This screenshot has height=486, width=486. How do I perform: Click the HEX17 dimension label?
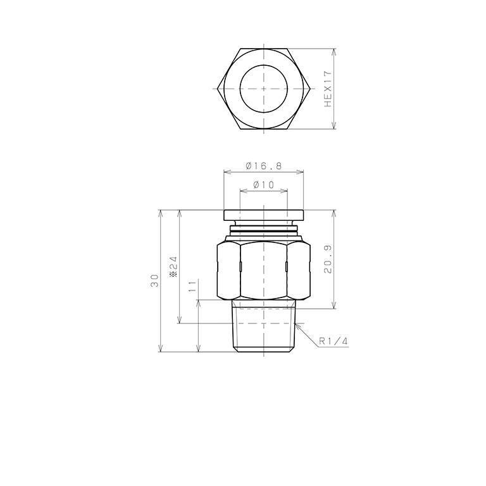click(328, 89)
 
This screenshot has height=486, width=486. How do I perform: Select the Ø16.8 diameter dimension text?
click(264, 166)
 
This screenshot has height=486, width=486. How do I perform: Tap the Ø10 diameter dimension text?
click(264, 185)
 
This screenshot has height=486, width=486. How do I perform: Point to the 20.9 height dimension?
click(328, 259)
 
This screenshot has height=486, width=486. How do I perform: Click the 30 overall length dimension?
click(154, 281)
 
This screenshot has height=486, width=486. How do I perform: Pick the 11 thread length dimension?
click(192, 285)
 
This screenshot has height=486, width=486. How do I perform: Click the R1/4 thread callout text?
click(333, 342)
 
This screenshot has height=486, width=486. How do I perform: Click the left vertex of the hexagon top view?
click(218, 89)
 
